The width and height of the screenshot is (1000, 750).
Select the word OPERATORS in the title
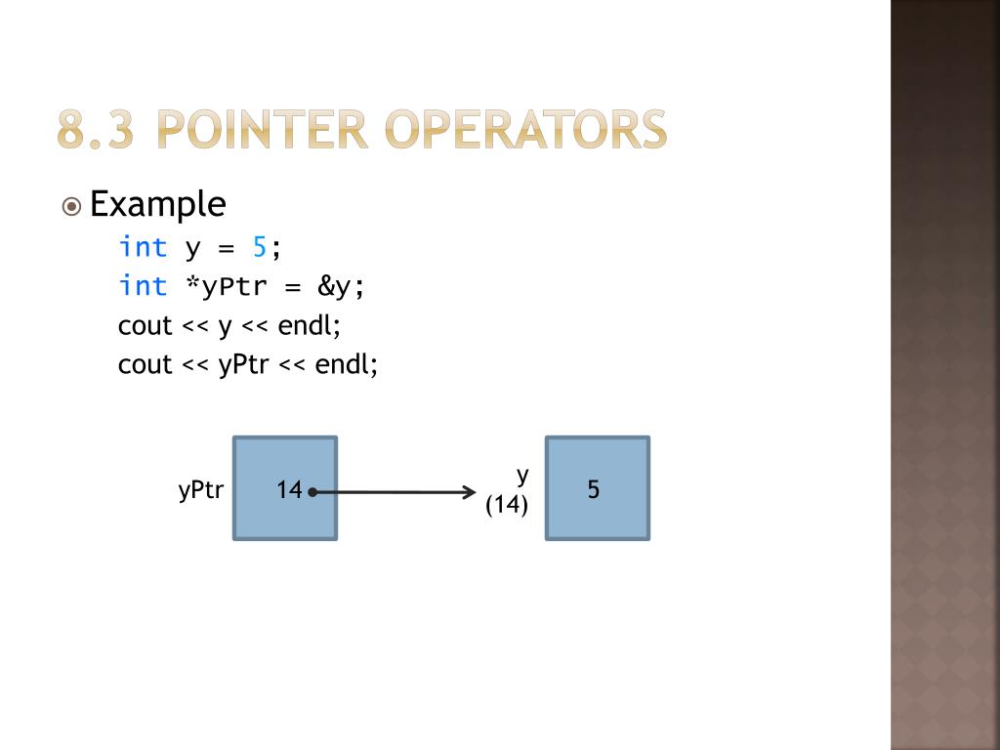526,130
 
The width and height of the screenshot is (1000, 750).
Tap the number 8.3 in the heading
96,130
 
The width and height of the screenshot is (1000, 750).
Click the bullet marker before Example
71,206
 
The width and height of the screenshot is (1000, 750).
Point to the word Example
157,204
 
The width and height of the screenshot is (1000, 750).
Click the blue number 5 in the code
260,247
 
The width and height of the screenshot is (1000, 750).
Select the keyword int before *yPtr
143,286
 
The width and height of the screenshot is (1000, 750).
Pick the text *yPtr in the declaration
225,287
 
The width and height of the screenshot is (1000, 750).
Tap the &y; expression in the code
340,287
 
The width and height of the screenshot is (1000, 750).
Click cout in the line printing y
145,325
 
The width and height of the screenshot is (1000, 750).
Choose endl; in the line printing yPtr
346,364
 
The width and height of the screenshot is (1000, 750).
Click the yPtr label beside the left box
201,490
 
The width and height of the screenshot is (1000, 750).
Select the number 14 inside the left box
289,490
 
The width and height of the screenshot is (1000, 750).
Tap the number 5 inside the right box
594,490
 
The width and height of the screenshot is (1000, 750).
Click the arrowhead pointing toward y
469,492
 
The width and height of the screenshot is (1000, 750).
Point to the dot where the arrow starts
312,492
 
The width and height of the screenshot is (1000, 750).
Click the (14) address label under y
507,505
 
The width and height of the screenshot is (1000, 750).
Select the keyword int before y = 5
143,247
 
